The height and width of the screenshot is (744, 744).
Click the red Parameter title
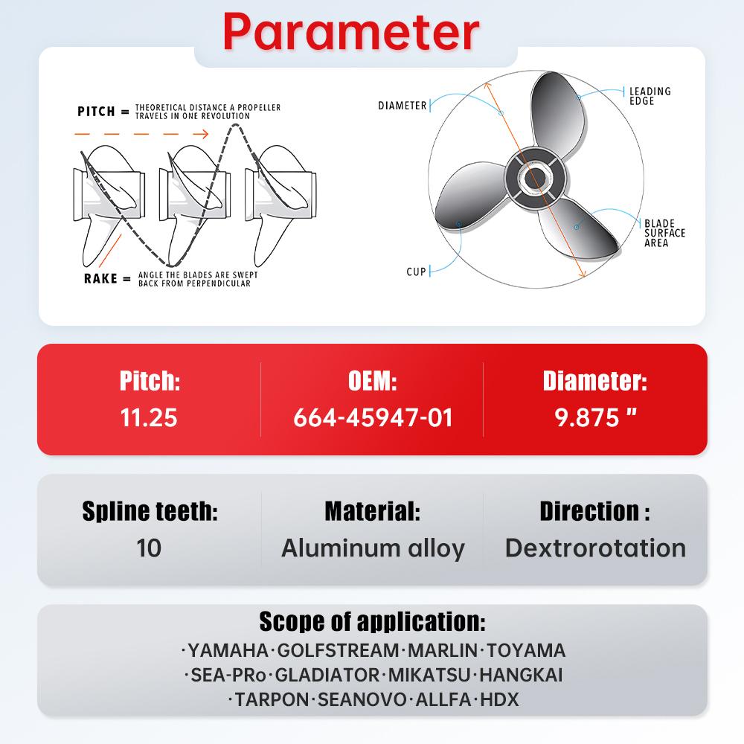click(x=350, y=31)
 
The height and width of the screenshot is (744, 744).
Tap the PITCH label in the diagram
click(x=97, y=112)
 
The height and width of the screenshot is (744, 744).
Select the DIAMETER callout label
click(x=403, y=106)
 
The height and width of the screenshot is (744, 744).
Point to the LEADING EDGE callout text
click(x=650, y=96)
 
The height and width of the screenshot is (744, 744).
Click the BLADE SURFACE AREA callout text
click(x=664, y=233)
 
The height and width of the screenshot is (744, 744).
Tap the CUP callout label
click(x=416, y=272)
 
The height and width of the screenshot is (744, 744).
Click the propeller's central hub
click(x=534, y=179)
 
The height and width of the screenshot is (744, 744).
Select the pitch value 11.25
click(x=149, y=417)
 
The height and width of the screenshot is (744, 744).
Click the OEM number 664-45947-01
click(x=373, y=417)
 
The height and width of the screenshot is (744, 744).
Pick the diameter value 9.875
click(x=594, y=417)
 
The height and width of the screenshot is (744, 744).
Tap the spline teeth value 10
click(x=149, y=548)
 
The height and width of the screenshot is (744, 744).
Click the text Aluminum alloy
click(x=373, y=548)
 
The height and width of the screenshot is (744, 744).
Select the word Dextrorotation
click(x=595, y=548)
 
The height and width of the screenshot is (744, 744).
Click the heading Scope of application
click(x=372, y=621)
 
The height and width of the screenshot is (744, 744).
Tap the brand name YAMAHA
click(x=228, y=650)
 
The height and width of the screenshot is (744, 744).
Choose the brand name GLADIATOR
click(x=327, y=676)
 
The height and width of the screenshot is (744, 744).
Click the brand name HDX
click(x=500, y=700)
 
